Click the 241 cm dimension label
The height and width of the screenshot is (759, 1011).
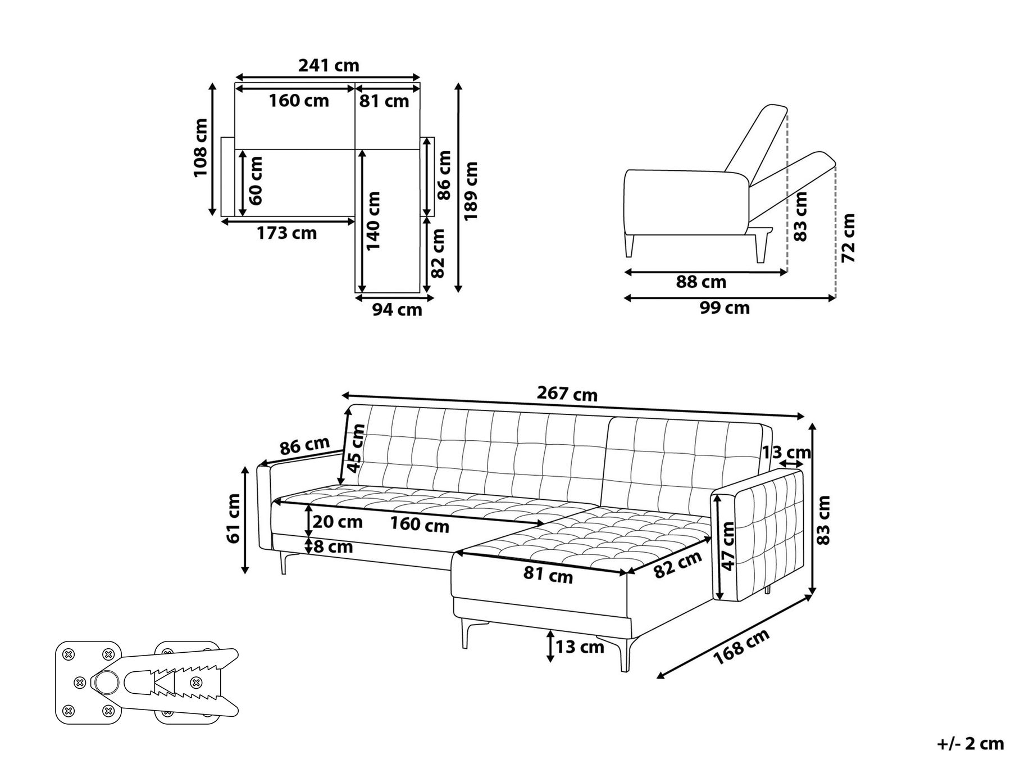(329, 66)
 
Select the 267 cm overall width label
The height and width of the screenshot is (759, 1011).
(567, 394)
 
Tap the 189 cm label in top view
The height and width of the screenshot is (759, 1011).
(471, 191)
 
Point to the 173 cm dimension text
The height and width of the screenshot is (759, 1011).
(286, 233)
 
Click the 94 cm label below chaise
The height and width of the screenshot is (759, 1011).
(397, 309)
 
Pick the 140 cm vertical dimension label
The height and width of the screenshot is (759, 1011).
(372, 220)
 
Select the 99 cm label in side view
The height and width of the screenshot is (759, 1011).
(725, 308)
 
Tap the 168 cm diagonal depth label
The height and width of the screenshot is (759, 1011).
(741, 647)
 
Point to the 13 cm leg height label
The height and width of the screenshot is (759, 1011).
(580, 647)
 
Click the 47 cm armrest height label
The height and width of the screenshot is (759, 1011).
(728, 546)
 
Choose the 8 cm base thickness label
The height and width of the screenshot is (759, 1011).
(333, 546)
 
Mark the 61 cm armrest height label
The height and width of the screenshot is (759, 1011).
(233, 518)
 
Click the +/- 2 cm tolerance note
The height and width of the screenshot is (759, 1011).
(970, 744)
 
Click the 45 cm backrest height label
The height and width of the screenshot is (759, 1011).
(356, 448)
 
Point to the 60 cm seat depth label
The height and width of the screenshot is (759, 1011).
(255, 180)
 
